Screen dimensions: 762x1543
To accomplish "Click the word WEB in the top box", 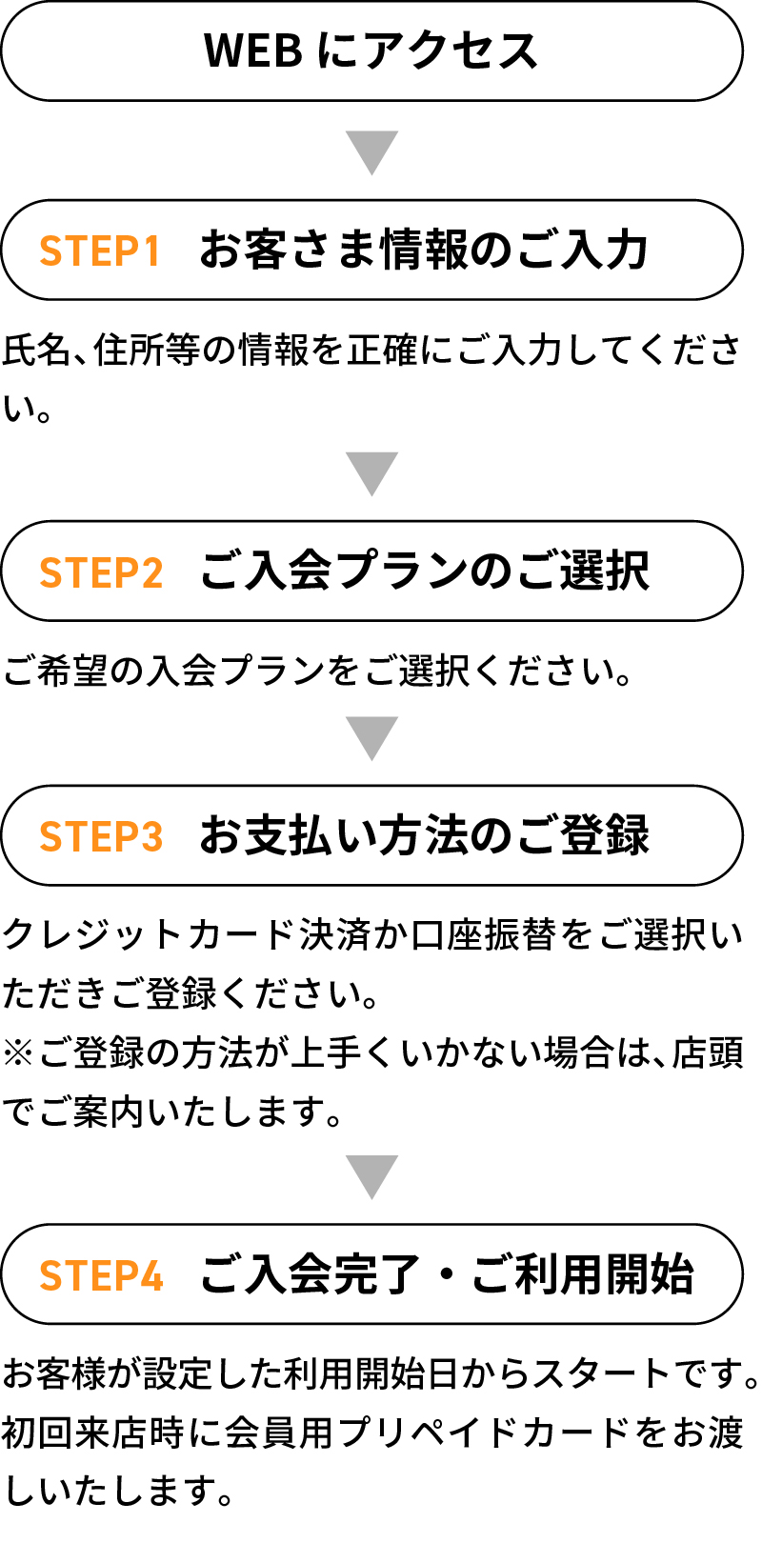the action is (x=252, y=50).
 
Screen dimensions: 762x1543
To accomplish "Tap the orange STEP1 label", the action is (x=100, y=250).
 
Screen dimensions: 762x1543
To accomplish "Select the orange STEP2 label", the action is (x=101, y=572).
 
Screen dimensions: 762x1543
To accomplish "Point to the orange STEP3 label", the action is (x=101, y=836).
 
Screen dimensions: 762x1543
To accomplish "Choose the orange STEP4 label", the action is (x=101, y=1275).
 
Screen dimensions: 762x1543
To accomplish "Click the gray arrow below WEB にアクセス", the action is (x=372, y=152).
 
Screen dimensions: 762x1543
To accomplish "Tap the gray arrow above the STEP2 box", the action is (x=372, y=474).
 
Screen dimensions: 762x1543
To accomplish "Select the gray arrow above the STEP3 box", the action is (x=372, y=738).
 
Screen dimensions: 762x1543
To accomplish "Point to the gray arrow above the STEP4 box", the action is (x=372, y=1177).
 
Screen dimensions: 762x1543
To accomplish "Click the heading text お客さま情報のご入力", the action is (x=424, y=250).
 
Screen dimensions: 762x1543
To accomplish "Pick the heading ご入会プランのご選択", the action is (x=424, y=571).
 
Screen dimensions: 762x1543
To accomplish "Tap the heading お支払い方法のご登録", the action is (x=424, y=835).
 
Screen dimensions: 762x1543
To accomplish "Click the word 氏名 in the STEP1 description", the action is (x=37, y=350).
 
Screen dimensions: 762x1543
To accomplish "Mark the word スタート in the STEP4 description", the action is (x=601, y=1373).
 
